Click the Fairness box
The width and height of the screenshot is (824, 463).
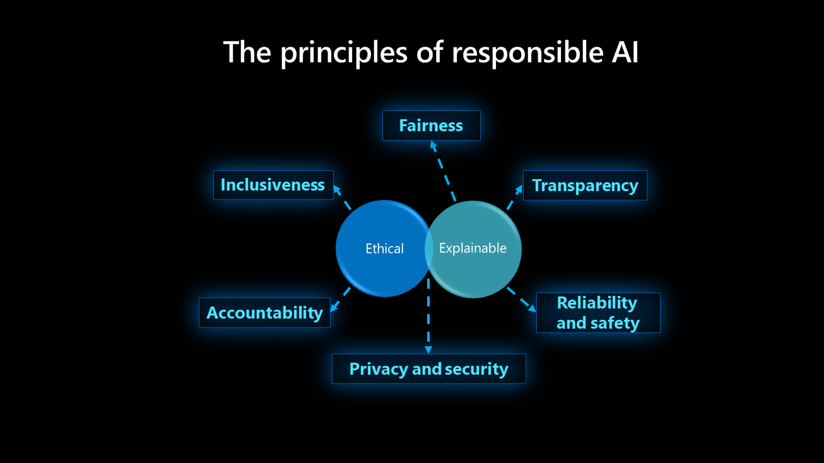(431, 126)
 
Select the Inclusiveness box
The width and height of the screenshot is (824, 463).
(273, 185)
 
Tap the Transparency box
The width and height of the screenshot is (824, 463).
(585, 185)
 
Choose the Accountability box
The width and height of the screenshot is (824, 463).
(264, 313)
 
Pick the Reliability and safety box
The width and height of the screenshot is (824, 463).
(597, 313)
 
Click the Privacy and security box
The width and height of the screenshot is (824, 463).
(428, 369)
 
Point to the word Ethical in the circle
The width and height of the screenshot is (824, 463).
(384, 249)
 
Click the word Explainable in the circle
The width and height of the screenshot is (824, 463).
(473, 249)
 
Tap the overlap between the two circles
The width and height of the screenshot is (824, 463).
(428, 249)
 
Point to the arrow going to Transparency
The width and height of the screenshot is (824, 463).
(515, 197)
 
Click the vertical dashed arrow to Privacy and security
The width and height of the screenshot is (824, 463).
(428, 315)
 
